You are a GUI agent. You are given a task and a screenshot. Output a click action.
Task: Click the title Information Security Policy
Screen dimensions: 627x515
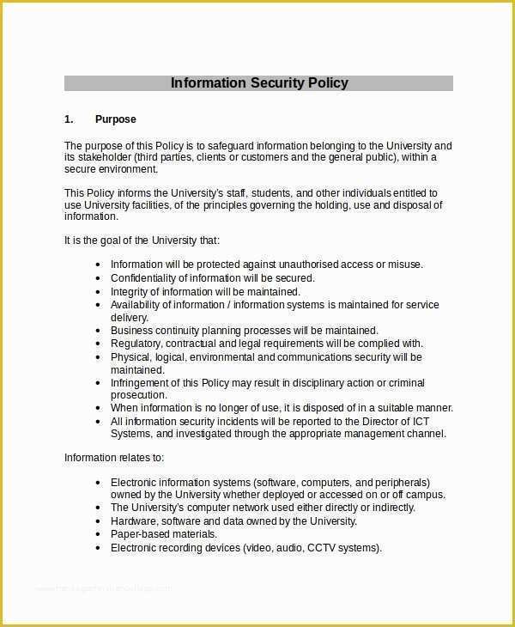[x=259, y=83]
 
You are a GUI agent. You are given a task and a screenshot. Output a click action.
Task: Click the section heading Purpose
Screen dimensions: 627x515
[x=116, y=119]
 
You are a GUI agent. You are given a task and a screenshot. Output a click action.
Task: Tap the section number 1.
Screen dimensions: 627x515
[x=69, y=119]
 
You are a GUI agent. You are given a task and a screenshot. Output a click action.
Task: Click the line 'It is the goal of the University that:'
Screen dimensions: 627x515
[x=142, y=240]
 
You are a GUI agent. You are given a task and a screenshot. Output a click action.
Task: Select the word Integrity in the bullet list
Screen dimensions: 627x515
[x=129, y=292]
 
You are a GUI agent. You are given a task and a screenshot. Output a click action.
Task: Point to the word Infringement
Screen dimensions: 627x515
[x=142, y=383]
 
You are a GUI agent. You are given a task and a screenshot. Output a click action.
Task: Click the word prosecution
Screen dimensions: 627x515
[x=138, y=394]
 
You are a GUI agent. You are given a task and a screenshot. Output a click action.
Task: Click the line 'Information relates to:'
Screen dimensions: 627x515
[x=114, y=458]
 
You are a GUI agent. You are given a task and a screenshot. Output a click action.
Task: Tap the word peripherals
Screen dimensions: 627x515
[x=399, y=483]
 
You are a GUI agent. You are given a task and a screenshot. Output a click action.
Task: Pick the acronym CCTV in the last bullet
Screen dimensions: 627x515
[x=324, y=548]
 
